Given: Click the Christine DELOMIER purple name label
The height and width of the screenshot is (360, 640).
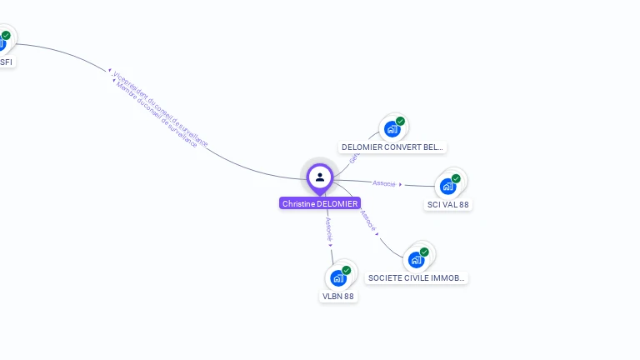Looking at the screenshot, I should [x=320, y=203].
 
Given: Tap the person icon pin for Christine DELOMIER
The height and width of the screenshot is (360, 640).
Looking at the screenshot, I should [x=320, y=177].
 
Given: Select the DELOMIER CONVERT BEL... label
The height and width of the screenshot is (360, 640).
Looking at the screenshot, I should [x=392, y=147].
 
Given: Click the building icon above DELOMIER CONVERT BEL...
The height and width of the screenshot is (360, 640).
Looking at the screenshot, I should [x=391, y=130].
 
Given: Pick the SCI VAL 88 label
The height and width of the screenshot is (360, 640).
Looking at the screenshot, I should [x=448, y=204].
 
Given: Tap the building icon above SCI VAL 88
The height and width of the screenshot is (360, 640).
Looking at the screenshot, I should [x=447, y=186].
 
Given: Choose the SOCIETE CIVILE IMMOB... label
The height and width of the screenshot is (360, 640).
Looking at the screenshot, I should [x=417, y=277].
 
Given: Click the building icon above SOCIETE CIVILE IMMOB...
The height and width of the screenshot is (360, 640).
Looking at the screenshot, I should [x=416, y=259].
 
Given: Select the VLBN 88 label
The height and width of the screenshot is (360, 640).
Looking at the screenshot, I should [x=338, y=296].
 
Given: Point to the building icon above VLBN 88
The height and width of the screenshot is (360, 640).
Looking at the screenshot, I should [x=337, y=277].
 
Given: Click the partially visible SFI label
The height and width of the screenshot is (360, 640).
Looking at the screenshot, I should [x=6, y=62].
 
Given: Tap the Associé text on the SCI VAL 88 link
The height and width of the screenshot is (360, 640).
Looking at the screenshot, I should [x=384, y=183].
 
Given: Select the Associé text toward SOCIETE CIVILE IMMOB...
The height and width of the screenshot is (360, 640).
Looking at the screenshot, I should [x=369, y=222].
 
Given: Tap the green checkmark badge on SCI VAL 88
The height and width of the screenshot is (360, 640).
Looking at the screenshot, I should [x=456, y=178].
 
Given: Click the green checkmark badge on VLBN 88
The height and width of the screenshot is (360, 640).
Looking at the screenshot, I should [x=346, y=270].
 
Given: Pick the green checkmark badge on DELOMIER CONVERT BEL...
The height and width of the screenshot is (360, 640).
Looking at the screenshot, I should [x=400, y=122].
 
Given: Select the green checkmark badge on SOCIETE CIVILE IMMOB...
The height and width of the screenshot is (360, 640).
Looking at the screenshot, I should [x=424, y=252].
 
